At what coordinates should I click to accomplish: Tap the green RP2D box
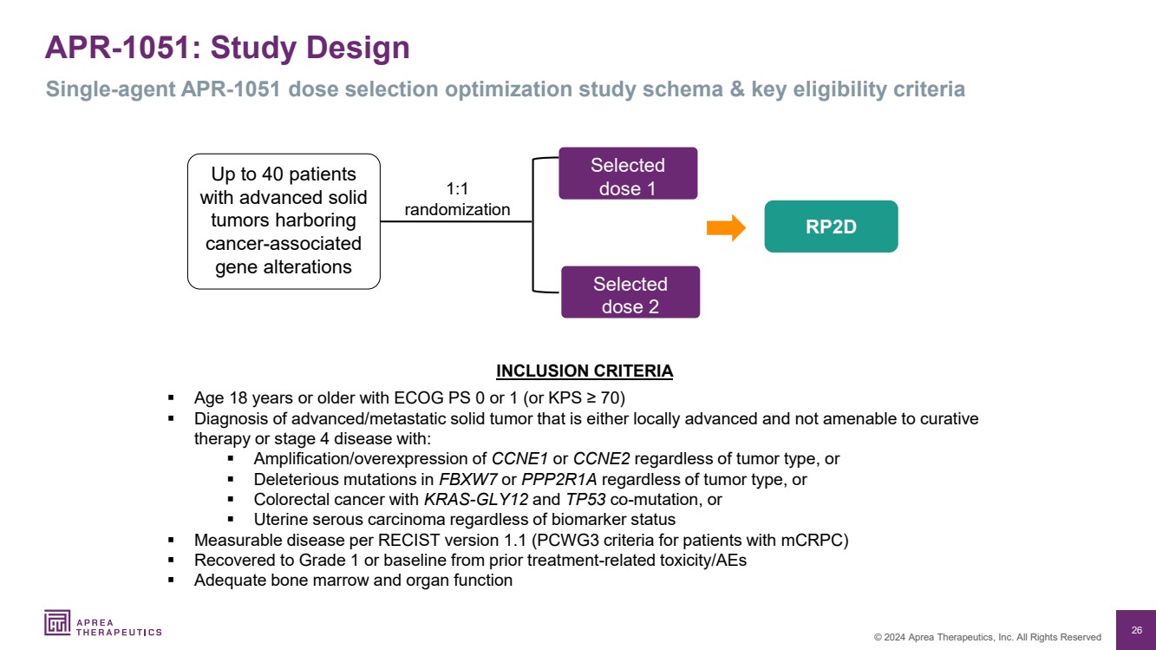click(x=831, y=227)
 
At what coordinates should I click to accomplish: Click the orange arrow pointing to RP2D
click(x=726, y=227)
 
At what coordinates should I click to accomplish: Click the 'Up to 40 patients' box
click(x=284, y=221)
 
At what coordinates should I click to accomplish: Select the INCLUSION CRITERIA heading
click(x=585, y=371)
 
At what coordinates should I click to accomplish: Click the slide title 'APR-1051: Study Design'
click(x=227, y=48)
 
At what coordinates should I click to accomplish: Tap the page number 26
click(x=1136, y=629)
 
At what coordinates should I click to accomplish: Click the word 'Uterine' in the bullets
click(x=281, y=520)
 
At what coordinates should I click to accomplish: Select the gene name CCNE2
click(x=602, y=459)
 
